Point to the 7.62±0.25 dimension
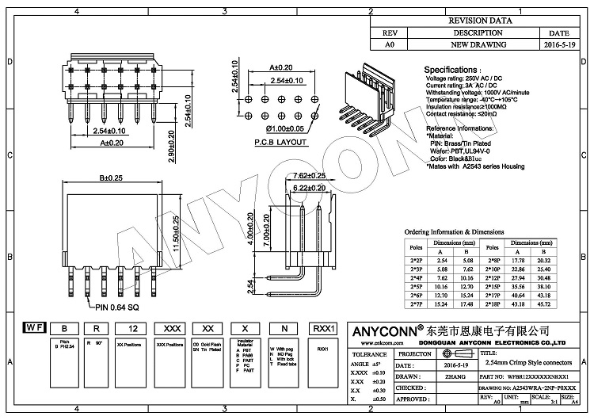coord(310,175)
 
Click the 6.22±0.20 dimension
coord(310,187)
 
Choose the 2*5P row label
coord(417,286)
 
